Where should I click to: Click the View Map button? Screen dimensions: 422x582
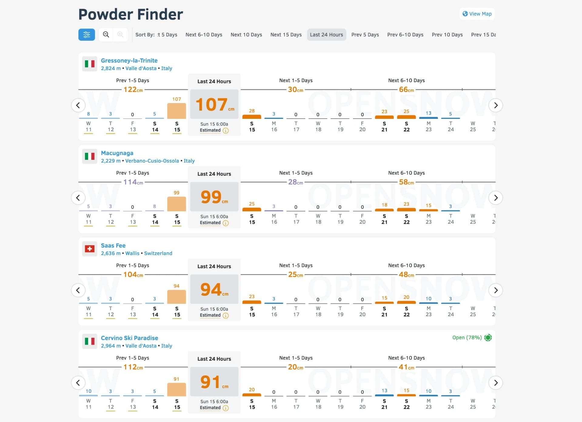pos(477,14)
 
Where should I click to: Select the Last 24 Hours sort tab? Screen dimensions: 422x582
pos(326,35)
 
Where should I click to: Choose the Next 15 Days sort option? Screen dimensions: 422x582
pos(286,35)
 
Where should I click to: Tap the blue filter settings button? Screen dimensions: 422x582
pos(87,35)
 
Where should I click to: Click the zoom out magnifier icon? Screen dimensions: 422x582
pos(106,35)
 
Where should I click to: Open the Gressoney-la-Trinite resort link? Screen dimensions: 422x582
pos(129,60)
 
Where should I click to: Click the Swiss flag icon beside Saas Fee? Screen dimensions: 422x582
pos(89,249)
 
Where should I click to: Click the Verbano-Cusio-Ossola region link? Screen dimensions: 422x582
pos(152,161)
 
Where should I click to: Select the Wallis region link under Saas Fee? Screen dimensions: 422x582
pos(132,253)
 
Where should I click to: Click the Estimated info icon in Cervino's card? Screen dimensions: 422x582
pos(226,408)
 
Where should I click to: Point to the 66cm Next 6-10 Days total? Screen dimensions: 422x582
pos(406,89)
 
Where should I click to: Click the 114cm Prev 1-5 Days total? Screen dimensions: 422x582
pos(133,182)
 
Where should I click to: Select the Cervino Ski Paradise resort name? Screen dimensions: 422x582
pos(129,338)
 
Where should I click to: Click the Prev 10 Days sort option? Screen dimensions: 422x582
pos(447,35)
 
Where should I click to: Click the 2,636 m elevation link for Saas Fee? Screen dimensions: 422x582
pos(111,253)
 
